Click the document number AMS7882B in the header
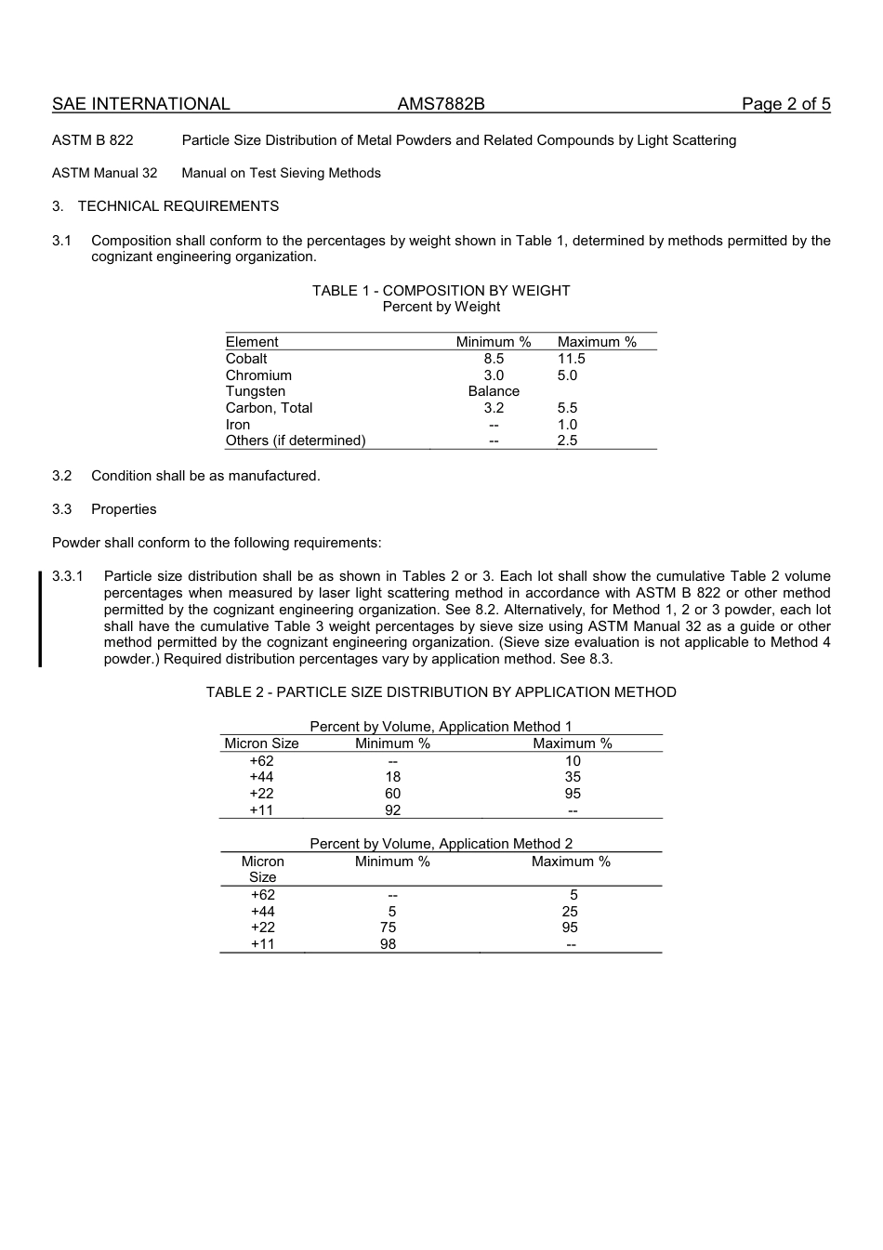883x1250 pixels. point(441,104)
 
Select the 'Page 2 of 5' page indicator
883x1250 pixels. point(785,104)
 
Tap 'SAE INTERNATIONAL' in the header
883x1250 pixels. point(140,104)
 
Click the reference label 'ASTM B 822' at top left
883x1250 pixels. point(93,140)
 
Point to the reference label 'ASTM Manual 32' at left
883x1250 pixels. point(105,173)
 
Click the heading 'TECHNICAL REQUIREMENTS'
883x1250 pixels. point(178,206)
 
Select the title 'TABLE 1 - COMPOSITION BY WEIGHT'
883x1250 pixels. point(441,291)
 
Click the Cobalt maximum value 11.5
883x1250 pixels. point(571,359)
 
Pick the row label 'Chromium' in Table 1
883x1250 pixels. point(258,375)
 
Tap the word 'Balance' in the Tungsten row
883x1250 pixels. point(494,391)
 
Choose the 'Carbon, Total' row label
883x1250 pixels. point(269,408)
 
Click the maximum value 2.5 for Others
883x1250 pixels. point(567,441)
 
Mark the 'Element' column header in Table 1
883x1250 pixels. point(252,342)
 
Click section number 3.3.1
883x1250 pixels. point(68,576)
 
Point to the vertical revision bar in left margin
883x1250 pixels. point(40,619)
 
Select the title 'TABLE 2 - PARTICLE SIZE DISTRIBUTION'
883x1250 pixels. point(441,692)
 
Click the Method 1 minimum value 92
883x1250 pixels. point(392,810)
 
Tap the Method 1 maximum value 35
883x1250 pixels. point(573,777)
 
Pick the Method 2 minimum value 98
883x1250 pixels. point(388,944)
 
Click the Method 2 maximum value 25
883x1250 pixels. point(570,912)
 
